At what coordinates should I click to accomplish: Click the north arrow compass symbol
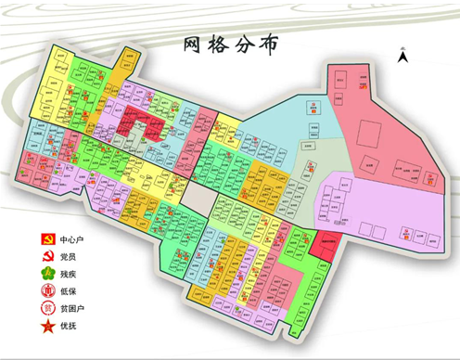click(402, 57)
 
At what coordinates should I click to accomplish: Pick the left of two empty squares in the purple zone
click(333, 195)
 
